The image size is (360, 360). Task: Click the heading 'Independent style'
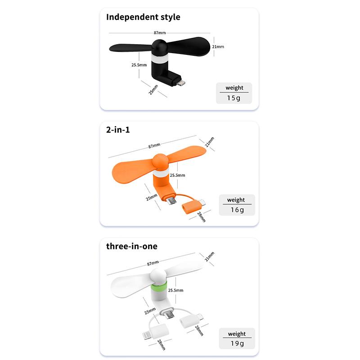coord(143,17)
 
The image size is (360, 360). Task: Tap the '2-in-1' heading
coord(118,130)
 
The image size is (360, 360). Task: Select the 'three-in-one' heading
coord(132,246)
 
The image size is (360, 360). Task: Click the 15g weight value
coord(234,98)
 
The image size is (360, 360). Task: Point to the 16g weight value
coord(237,210)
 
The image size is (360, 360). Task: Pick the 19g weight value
coord(237,343)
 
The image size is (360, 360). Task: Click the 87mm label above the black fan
coord(160,33)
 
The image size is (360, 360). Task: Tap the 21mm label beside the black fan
coord(218,47)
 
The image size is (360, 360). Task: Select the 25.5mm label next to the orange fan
coord(177,175)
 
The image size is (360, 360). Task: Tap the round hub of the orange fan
coord(160,162)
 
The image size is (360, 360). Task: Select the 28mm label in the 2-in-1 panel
coord(201,217)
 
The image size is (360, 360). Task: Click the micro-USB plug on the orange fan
coord(171,201)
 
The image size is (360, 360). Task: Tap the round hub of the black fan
coord(160,47)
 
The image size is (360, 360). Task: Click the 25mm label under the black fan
coord(153,90)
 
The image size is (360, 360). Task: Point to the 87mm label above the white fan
coord(153,263)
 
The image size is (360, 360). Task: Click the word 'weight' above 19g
coord(237,334)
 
